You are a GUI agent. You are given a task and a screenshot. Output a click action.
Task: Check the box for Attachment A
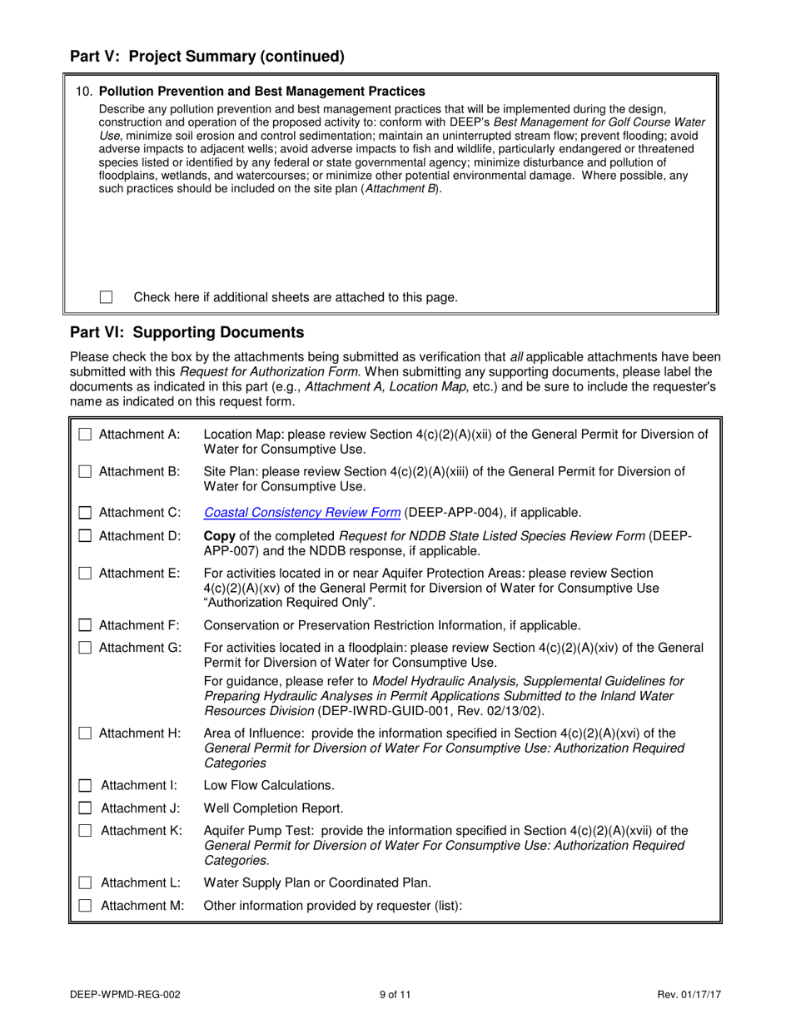(x=85, y=435)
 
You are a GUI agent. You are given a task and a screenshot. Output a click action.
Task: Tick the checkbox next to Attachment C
(x=85, y=512)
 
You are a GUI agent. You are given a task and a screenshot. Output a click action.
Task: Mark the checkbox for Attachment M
(x=85, y=906)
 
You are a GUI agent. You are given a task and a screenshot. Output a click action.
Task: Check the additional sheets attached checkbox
(x=106, y=297)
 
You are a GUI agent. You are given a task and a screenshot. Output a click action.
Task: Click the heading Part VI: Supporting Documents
(x=187, y=333)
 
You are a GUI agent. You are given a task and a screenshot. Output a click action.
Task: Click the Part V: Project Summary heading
(x=206, y=57)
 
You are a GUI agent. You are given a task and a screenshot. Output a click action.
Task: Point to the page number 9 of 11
(x=395, y=994)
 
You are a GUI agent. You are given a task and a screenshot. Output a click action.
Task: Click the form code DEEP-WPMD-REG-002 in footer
(x=125, y=994)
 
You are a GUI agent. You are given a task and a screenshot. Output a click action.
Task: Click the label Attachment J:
(x=140, y=808)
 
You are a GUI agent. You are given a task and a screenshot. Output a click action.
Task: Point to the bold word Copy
(x=219, y=535)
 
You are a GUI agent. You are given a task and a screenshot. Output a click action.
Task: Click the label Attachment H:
(x=140, y=733)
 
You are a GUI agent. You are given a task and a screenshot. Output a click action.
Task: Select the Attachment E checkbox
(x=85, y=573)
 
